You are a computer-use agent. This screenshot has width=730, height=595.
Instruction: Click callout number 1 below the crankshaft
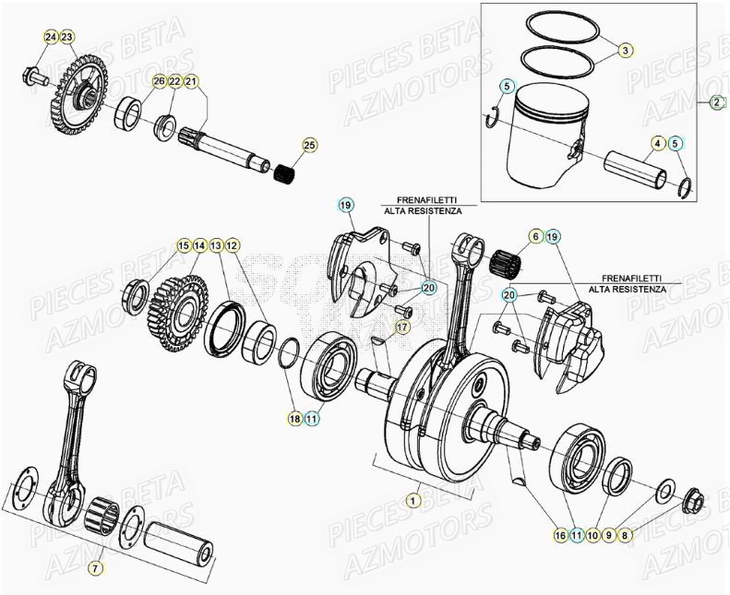[x=412, y=499]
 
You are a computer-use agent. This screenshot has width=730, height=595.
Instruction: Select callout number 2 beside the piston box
[x=718, y=103]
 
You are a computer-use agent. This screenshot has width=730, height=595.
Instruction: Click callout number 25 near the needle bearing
[x=309, y=146]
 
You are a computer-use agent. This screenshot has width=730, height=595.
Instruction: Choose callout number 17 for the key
[x=403, y=327]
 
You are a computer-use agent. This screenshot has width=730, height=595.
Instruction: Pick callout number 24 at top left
[x=51, y=37]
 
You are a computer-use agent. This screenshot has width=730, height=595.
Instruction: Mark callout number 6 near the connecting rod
[x=535, y=237]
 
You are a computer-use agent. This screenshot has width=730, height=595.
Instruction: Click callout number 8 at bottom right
[x=626, y=534]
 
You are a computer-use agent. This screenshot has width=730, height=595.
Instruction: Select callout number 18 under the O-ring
[x=294, y=419]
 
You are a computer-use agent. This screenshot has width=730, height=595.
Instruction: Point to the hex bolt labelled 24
[x=33, y=76]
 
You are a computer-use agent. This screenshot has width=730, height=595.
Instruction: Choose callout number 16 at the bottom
[x=559, y=534]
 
